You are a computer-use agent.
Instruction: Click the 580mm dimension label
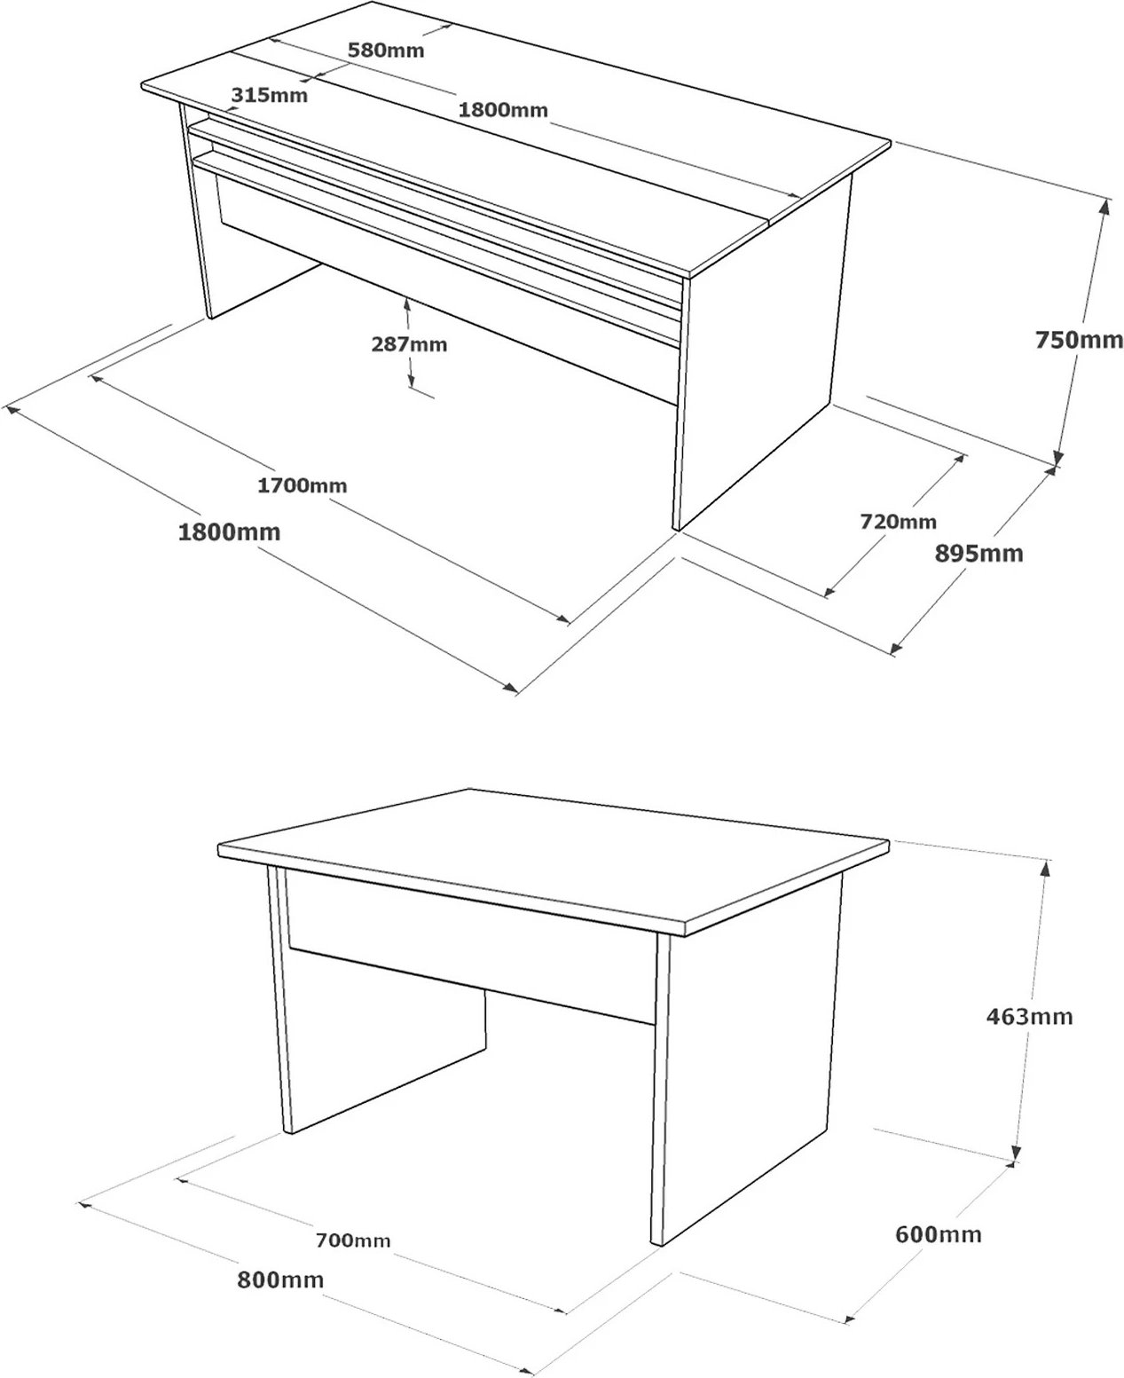(385, 51)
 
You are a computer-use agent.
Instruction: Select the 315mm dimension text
(269, 95)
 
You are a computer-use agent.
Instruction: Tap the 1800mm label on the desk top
(502, 110)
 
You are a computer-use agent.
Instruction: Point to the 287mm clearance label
(409, 344)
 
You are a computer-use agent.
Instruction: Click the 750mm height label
(1079, 340)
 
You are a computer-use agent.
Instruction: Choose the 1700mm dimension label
(302, 485)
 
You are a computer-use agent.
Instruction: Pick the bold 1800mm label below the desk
(229, 532)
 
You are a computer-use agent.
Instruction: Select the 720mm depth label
(898, 522)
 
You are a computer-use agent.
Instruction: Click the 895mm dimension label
(979, 554)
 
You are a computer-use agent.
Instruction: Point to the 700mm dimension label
(353, 1240)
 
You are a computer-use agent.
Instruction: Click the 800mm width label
(280, 1280)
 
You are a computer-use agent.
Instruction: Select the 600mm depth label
(938, 1234)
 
